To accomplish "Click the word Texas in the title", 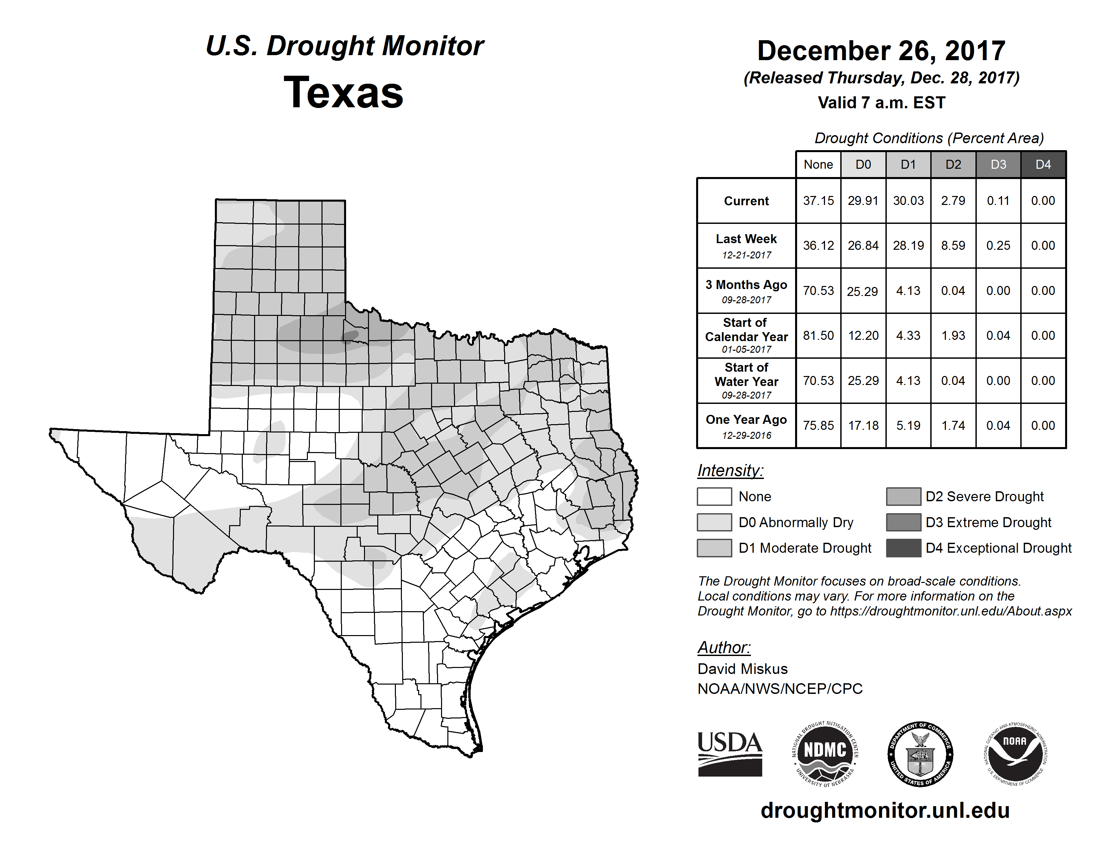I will tap(343, 93).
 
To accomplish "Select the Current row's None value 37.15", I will tap(818, 201).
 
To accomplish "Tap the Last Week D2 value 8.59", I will tap(953, 245).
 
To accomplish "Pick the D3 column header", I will tap(998, 164).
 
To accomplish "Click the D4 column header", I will tap(1043, 164).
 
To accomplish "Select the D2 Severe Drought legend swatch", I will tap(903, 496).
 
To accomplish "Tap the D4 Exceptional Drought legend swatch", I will tap(903, 548).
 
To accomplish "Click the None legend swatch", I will tap(714, 496).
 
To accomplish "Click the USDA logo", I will tap(730, 754).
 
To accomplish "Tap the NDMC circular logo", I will tap(825, 754).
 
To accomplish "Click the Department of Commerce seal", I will tap(920, 754).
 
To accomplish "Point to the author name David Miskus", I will tap(742, 669).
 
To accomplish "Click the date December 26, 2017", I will tap(881, 51).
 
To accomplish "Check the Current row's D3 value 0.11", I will tap(998, 201).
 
